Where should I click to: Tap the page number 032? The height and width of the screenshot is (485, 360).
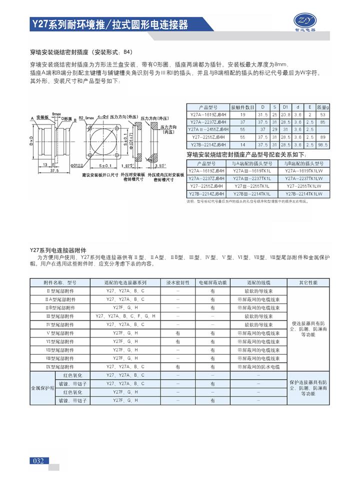[x=38, y=460]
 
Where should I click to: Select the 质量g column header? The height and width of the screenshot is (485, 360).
[x=323, y=107]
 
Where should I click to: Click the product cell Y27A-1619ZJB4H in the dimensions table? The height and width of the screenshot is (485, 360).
[x=208, y=114]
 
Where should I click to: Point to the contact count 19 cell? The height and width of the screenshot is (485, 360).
[x=243, y=114]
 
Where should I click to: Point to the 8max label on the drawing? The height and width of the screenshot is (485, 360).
[x=56, y=114]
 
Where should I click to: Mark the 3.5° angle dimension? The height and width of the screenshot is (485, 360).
[x=160, y=164]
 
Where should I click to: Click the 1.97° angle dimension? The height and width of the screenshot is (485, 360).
[x=127, y=164]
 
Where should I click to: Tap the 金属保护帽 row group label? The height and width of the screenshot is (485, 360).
[x=43, y=387]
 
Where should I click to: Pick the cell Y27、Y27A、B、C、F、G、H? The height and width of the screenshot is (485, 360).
[x=125, y=316]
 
